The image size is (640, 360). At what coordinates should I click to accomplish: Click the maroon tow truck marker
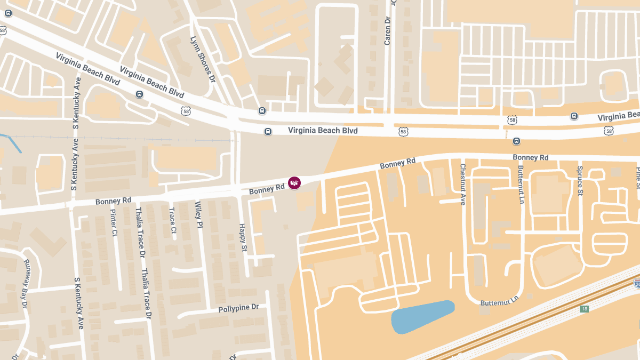pos(294,183)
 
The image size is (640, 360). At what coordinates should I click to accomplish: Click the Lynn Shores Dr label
pos(202,59)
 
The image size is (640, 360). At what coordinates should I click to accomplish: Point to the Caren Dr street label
pos(388,30)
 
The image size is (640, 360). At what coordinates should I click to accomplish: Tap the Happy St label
pos(243,237)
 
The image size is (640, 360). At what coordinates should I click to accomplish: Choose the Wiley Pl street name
pos(198,214)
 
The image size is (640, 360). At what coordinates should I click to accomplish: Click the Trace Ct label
pos(172,220)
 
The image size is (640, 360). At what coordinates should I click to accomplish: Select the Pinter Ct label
pos(113,222)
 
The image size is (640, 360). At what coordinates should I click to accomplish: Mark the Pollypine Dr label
pos(238,308)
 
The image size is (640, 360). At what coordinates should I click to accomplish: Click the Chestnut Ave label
pos(463,184)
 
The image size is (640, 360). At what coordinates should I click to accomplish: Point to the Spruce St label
pos(580,181)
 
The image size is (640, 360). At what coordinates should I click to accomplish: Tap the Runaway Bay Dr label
pos(25,284)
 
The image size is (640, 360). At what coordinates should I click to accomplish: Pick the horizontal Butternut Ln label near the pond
pos(499,302)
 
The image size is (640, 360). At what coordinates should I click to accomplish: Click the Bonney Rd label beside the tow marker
pos(267,189)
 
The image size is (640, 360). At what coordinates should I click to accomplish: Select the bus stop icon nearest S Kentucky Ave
pos(139,94)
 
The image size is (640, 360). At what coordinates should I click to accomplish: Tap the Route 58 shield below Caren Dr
pos(403,131)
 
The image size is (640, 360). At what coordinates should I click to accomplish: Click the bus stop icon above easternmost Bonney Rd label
pos(516,141)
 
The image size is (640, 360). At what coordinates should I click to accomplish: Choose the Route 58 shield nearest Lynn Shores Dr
pos(186,110)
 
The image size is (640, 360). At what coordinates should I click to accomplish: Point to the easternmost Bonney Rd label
pos(530,157)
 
